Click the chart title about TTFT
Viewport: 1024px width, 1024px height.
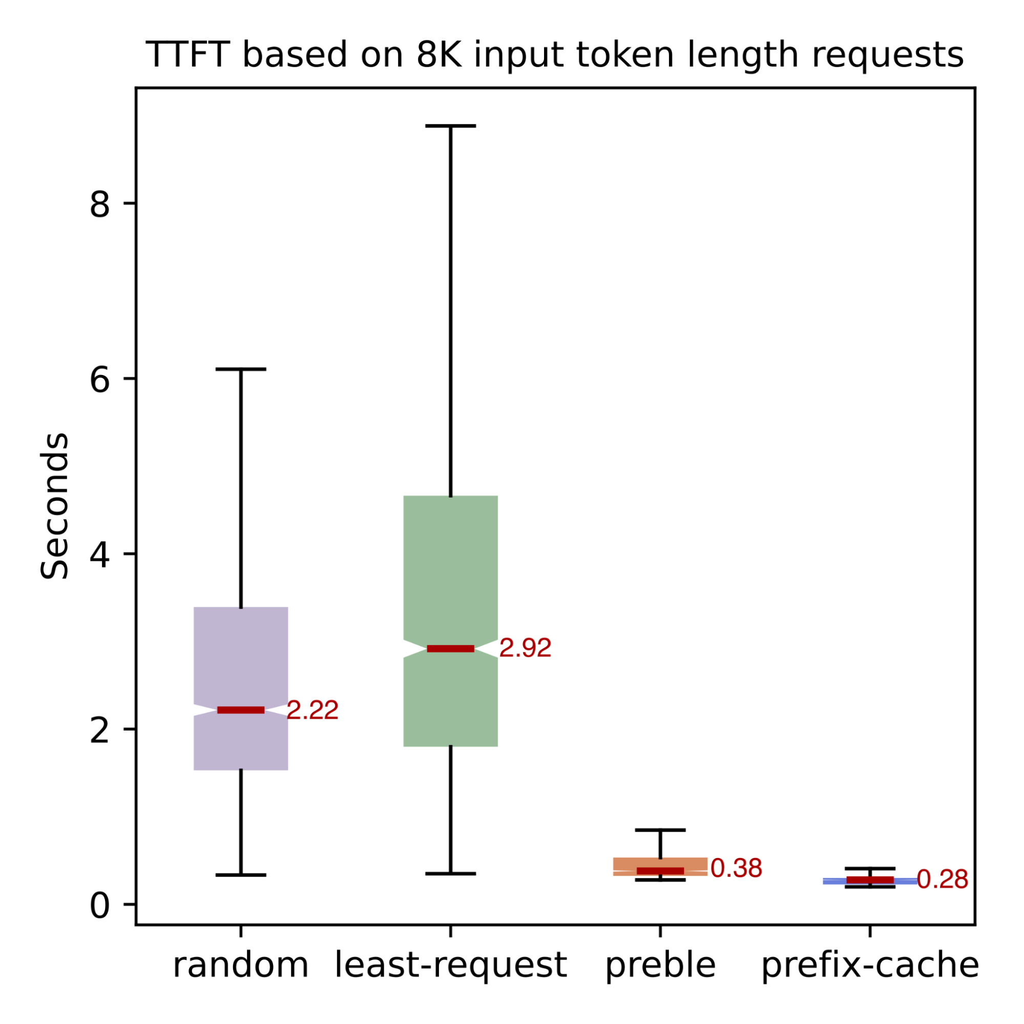point(554,55)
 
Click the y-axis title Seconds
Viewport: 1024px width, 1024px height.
point(55,506)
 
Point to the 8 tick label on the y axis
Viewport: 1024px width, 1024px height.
point(100,204)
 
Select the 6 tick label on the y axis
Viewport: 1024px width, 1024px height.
point(100,379)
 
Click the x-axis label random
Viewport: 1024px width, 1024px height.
point(241,965)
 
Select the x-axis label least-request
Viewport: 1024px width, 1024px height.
point(450,966)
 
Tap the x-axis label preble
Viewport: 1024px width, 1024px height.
point(660,966)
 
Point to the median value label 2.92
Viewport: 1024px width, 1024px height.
point(525,648)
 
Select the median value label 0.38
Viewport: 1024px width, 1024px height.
point(736,868)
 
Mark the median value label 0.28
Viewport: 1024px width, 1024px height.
point(943,880)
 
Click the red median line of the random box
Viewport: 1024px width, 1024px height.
point(241,710)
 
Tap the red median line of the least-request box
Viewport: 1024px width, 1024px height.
point(450,649)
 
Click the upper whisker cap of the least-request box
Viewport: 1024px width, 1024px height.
point(450,126)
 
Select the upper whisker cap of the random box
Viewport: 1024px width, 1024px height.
point(241,369)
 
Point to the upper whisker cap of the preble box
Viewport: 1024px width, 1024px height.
point(660,829)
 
